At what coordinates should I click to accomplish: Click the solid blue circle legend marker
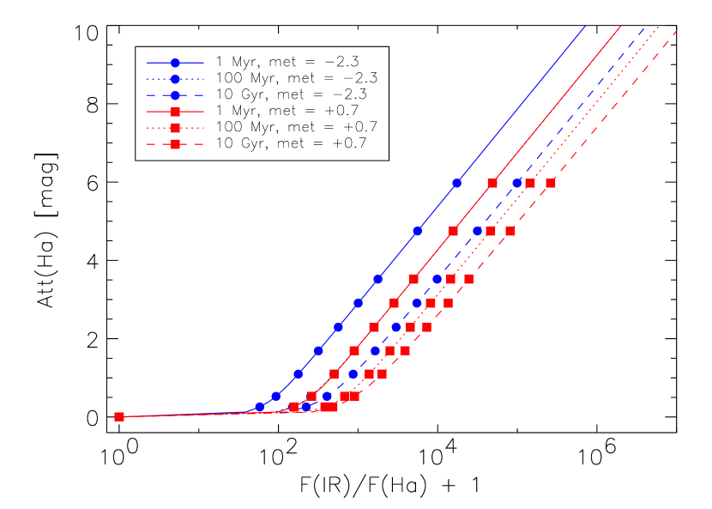click(x=175, y=63)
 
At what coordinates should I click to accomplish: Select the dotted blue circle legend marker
click(x=175, y=79)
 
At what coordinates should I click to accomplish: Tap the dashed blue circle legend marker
click(x=175, y=95)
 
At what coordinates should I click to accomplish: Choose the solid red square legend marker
click(x=175, y=112)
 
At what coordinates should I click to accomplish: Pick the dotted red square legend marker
click(x=175, y=128)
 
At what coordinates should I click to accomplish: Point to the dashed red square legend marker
click(x=175, y=144)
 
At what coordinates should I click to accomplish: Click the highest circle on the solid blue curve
click(x=456, y=183)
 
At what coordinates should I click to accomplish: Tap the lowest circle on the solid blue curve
click(x=260, y=407)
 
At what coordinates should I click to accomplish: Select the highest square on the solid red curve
click(x=492, y=183)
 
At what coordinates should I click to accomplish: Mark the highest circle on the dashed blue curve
click(x=517, y=183)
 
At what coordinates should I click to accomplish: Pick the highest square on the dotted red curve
click(x=530, y=183)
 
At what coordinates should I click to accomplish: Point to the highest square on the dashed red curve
click(x=551, y=183)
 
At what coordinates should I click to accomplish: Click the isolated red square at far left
click(x=119, y=416)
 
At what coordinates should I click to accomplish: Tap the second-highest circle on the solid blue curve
click(x=418, y=231)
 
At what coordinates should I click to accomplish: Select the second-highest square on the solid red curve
click(x=453, y=231)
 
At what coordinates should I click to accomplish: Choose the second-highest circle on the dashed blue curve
click(x=478, y=231)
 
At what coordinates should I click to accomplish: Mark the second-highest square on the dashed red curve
click(x=510, y=231)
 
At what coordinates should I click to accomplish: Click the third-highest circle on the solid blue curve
click(x=377, y=279)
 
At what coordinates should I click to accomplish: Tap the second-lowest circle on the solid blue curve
click(x=275, y=397)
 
